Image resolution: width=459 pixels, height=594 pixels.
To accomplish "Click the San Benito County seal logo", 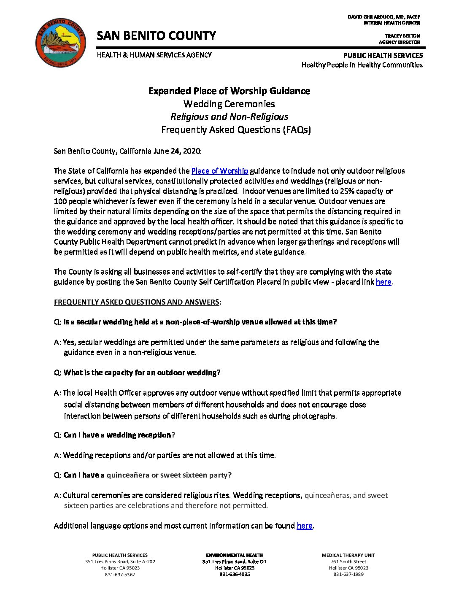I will point(61,43).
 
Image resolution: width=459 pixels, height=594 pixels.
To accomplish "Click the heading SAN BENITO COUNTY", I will point(156,36).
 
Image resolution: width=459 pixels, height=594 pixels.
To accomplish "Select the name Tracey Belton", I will point(402,36).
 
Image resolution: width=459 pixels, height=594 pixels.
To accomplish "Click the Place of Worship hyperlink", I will point(219,171).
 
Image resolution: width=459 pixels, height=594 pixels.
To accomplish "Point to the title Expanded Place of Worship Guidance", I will point(229,91).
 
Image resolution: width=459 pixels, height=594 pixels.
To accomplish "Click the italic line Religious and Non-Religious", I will point(229,117).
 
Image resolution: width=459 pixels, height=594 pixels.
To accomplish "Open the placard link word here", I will point(383,282).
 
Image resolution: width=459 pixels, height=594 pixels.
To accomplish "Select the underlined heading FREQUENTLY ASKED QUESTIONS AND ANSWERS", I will point(136,302).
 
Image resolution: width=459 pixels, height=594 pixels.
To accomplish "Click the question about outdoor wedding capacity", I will point(142,373).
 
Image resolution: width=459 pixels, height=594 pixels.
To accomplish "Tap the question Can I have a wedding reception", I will point(117,435).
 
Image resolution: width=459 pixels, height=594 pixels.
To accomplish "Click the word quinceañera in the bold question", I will point(128,475).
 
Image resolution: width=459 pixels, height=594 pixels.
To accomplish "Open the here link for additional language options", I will point(304,526).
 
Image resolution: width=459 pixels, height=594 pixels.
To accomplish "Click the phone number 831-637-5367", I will point(120,575).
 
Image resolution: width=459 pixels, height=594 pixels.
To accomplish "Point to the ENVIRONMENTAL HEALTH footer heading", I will point(235,555).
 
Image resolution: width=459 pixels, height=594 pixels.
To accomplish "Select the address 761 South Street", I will point(348,562).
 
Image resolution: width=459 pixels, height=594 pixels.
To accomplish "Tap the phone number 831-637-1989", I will point(348,574).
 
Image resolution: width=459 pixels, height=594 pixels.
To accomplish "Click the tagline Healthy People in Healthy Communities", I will point(362,65).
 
